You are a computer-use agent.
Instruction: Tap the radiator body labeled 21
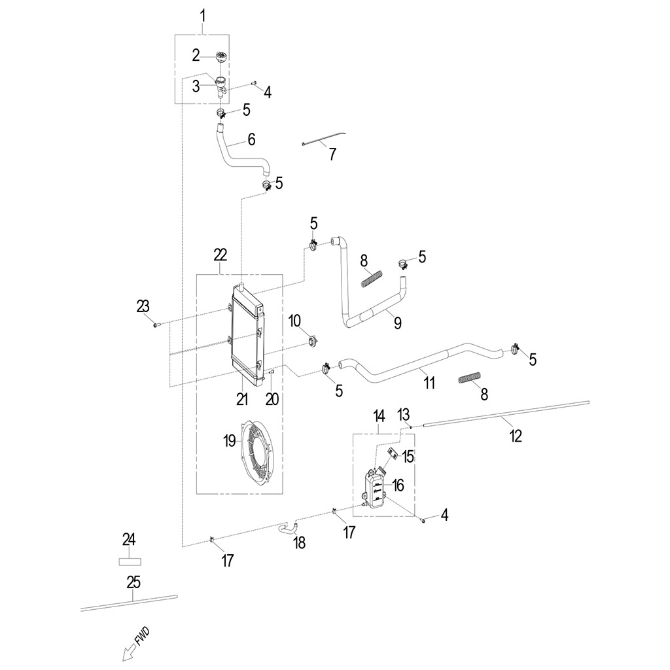click(x=247, y=334)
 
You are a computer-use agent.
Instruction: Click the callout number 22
click(x=220, y=256)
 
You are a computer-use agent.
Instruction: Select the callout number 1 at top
click(x=203, y=16)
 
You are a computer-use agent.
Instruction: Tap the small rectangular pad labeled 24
click(x=130, y=561)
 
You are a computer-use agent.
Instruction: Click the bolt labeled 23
click(x=156, y=326)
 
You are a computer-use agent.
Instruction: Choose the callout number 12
click(x=516, y=436)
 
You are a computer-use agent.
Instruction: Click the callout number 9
click(x=397, y=323)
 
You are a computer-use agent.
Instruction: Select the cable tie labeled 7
click(x=323, y=139)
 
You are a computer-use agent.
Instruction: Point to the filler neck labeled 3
click(x=221, y=87)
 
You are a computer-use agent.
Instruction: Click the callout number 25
click(x=133, y=582)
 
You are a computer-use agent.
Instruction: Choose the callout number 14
click(x=379, y=415)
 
